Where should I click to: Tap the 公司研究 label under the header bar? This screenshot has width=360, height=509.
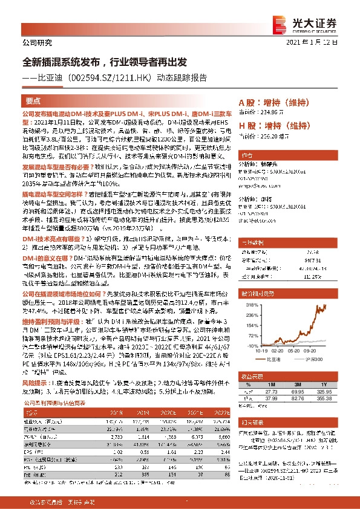[x=37, y=42]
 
